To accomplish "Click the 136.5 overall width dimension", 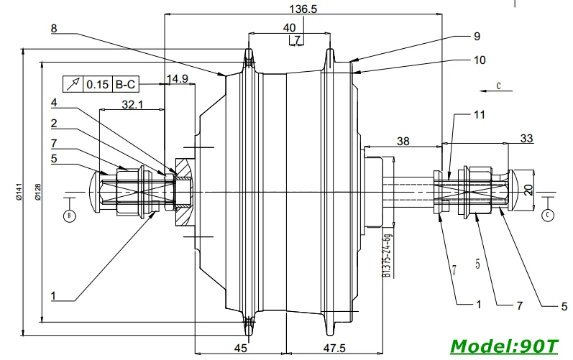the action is point(303,9).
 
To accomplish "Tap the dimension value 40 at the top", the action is point(290,28).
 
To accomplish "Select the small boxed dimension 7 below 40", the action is point(297,39).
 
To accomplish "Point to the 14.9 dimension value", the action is point(178,78).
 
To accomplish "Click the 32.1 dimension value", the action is point(132,105).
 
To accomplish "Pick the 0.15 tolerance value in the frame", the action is point(98,84).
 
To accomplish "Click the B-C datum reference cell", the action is point(125,84).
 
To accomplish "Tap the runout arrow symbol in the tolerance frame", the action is point(73,84).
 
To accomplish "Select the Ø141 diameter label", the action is point(19,191).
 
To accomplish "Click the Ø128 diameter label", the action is point(38,192).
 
